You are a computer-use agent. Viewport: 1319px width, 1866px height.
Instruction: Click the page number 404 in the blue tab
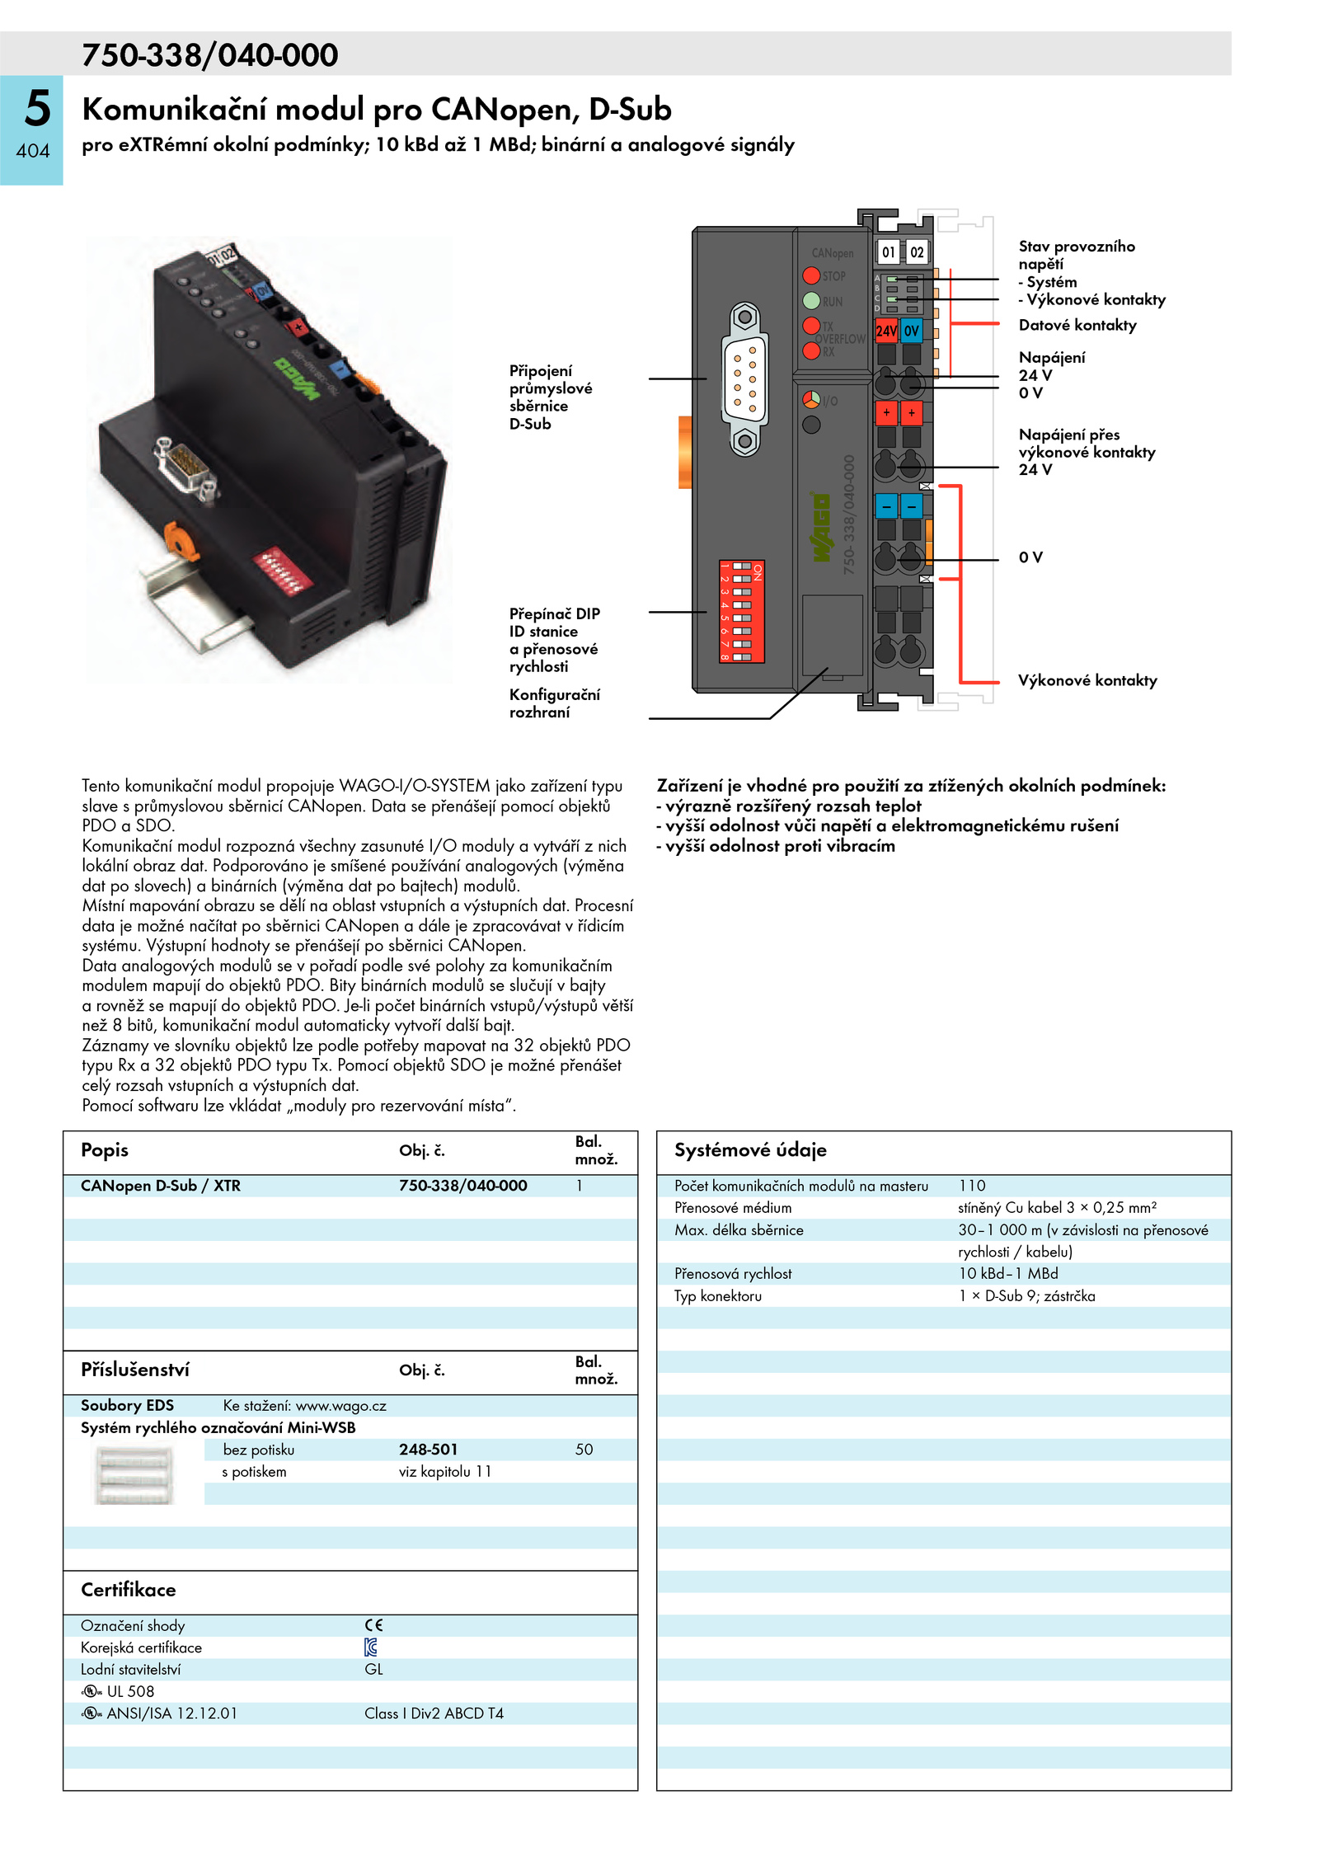[x=33, y=151]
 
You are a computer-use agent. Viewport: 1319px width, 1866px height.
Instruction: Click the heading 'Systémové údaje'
[x=749, y=1149]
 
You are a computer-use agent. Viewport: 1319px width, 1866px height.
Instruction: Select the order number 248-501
[x=428, y=1449]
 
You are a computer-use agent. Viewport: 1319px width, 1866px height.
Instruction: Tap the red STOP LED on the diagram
[x=811, y=275]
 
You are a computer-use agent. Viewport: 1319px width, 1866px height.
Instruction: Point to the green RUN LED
[x=811, y=300]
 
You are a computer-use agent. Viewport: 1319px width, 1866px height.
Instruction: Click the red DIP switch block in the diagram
[x=741, y=611]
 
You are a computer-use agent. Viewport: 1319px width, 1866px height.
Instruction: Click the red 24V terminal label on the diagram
[x=886, y=331]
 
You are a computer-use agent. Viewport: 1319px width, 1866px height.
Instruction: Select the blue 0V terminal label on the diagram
[x=911, y=331]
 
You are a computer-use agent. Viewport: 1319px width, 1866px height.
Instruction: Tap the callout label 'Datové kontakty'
[x=1077, y=325]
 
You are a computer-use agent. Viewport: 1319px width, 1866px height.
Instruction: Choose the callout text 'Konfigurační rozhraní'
[x=554, y=703]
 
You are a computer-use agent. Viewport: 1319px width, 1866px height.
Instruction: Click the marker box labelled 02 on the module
[x=917, y=252]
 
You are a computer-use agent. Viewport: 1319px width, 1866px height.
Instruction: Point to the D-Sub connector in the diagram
[x=744, y=378]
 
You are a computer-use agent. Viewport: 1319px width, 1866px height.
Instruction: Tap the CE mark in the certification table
[x=373, y=1625]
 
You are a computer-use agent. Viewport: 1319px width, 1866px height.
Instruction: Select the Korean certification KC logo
[x=371, y=1647]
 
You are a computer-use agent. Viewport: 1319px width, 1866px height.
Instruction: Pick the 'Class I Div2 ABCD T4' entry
[x=434, y=1713]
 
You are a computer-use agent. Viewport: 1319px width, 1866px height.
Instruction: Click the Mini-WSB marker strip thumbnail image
[x=134, y=1476]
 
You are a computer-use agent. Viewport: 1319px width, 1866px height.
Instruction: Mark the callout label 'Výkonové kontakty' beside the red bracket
[x=1087, y=680]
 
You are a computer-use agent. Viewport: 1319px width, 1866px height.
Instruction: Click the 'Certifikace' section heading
[x=128, y=1589]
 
